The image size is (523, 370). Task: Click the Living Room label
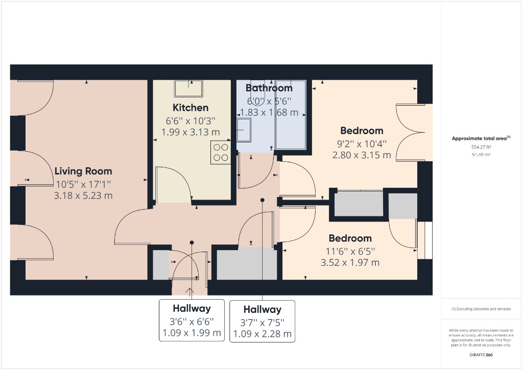point(83,171)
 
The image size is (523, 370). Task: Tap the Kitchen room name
point(191,108)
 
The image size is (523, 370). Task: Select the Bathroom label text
point(269,88)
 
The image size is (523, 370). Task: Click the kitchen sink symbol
point(188,88)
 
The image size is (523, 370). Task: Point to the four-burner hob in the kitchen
point(220,153)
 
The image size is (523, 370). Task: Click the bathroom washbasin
point(244,130)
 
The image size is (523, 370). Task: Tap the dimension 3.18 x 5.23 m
point(83,195)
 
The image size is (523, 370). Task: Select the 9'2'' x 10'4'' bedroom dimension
point(362,143)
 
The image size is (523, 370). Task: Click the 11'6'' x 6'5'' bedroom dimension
point(350,251)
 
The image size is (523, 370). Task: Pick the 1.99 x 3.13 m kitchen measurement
point(191,132)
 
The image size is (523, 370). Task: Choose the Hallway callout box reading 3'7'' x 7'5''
point(263,322)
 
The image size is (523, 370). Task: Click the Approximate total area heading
point(481,138)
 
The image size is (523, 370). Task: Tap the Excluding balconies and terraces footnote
point(481,309)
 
